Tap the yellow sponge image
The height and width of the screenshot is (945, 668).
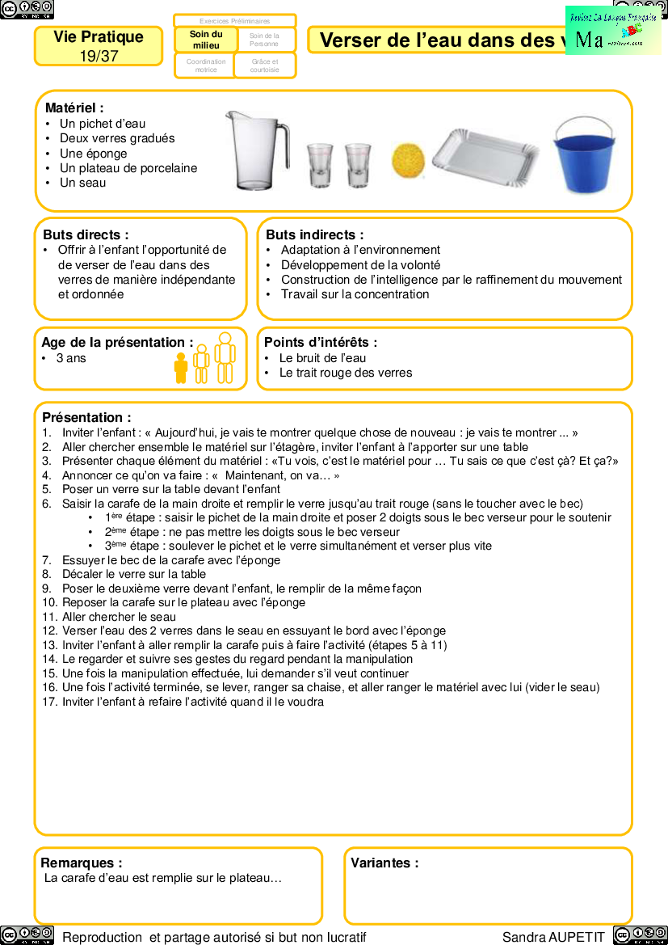[x=408, y=162]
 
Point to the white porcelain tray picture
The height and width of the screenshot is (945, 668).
[x=485, y=157]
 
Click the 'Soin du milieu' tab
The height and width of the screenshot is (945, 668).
[x=206, y=40]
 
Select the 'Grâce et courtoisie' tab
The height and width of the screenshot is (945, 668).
[x=264, y=65]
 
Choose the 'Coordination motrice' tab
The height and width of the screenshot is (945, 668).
[x=206, y=65]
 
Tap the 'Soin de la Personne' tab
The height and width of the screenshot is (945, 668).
[x=264, y=40]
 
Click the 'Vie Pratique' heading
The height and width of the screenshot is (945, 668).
[x=99, y=37]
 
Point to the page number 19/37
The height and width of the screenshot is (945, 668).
[x=99, y=56]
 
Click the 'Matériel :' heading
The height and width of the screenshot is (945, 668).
[x=74, y=108]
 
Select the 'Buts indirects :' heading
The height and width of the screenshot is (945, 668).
[x=314, y=234]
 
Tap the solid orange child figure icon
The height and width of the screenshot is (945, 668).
[x=181, y=368]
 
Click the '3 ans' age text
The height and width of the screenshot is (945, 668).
[x=71, y=358]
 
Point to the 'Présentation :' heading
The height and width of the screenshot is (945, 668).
[x=86, y=417]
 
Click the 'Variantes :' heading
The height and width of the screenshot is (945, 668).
[x=384, y=863]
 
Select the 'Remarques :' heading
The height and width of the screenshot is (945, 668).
[x=82, y=863]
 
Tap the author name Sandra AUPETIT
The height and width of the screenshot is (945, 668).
[x=553, y=937]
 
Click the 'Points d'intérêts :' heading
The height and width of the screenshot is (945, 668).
[x=321, y=343]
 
